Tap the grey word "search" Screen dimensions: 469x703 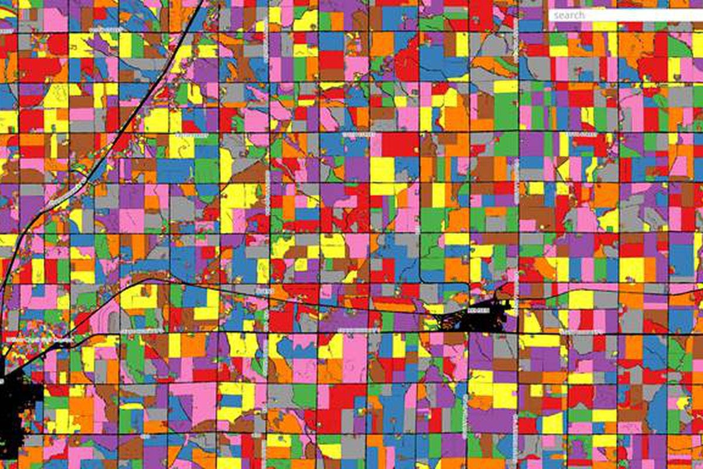(569, 15)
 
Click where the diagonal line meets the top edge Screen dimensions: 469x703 (202, 2)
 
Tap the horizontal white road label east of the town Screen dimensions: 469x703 (577, 332)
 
